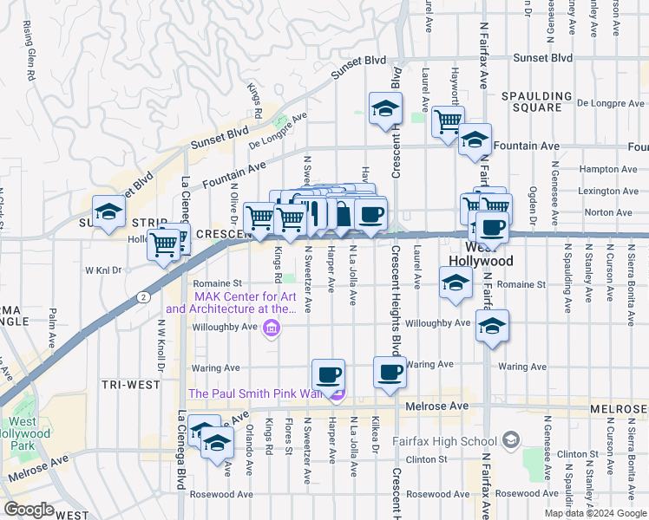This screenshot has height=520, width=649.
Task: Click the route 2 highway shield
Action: [x=140, y=296]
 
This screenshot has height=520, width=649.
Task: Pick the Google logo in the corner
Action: [x=29, y=510]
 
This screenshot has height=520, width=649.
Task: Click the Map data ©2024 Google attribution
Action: [x=594, y=512]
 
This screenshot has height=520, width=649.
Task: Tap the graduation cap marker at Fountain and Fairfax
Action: [x=475, y=140]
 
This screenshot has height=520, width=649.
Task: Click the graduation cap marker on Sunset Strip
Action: [x=109, y=211]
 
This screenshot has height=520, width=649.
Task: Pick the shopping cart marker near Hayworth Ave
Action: [x=448, y=121]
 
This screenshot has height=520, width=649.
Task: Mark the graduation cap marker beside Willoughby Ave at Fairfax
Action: [x=492, y=327]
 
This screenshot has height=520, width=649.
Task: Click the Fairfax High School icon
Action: [x=510, y=441]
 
